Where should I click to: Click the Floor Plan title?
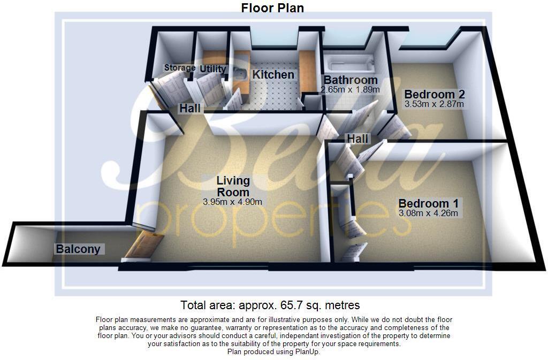(x=272, y=7)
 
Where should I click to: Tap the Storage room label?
(x=179, y=68)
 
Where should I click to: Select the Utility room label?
(x=213, y=69)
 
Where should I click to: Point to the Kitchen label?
(x=273, y=75)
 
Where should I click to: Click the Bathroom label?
(x=350, y=80)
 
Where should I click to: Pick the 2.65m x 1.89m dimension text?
(x=350, y=90)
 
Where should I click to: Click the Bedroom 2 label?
(x=433, y=93)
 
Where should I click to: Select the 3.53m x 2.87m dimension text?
(x=433, y=104)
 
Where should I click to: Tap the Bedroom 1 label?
(x=428, y=203)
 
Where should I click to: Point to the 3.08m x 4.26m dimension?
(x=428, y=213)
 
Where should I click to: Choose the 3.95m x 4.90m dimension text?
(x=232, y=202)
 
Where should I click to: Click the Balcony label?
(x=78, y=249)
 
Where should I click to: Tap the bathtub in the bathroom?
(x=351, y=65)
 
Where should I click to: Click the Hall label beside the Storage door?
(x=190, y=109)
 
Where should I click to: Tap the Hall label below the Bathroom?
(x=357, y=139)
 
